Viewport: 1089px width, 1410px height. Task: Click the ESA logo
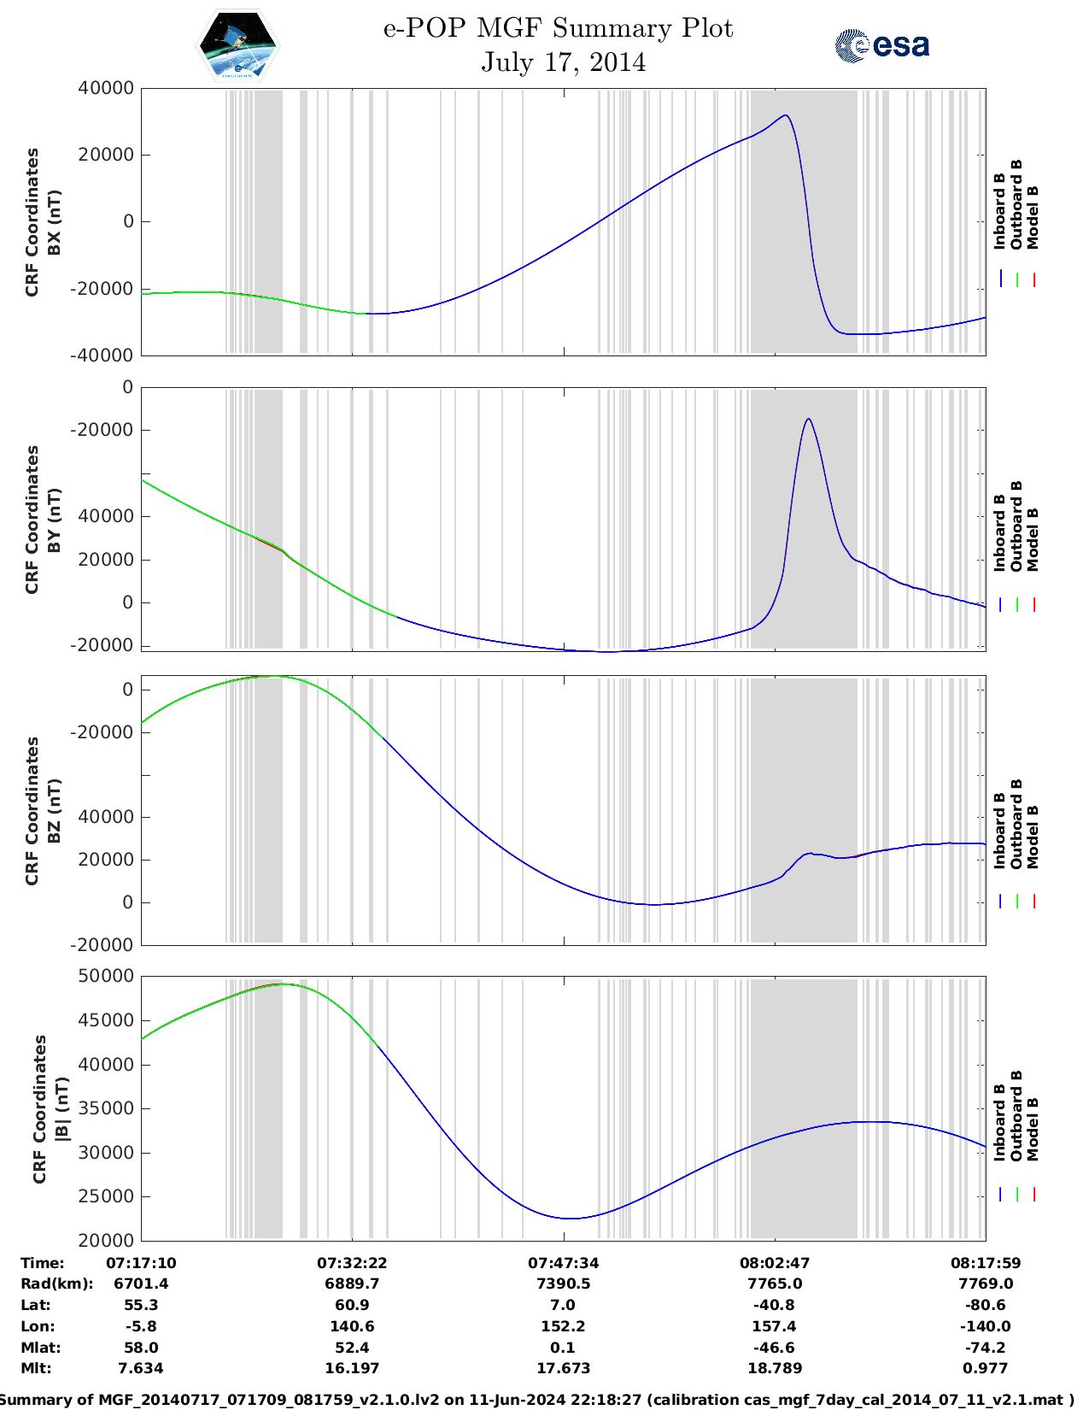pyautogui.click(x=882, y=45)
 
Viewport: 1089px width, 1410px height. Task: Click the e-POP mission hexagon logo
pyautogui.click(x=237, y=46)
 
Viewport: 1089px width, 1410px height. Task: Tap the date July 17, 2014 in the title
pyautogui.click(x=563, y=62)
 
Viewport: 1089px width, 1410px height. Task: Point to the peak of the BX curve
pyautogui.click(x=785, y=115)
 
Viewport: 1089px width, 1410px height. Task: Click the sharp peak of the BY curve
pyautogui.click(x=808, y=419)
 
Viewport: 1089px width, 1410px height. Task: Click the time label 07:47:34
pyautogui.click(x=563, y=1263)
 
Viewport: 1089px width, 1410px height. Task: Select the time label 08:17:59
pyautogui.click(x=986, y=1263)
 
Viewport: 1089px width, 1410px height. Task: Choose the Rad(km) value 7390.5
pyautogui.click(x=563, y=1284)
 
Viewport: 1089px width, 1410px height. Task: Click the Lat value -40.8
pyautogui.click(x=774, y=1305)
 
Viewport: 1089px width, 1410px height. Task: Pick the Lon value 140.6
pyautogui.click(x=352, y=1326)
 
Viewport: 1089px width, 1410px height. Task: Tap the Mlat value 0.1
pyautogui.click(x=563, y=1348)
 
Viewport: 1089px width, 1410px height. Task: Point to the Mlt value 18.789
pyautogui.click(x=774, y=1368)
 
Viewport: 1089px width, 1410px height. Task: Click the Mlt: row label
pyautogui.click(x=36, y=1368)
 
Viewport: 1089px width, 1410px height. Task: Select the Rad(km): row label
pyautogui.click(x=56, y=1284)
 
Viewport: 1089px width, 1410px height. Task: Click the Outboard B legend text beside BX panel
pyautogui.click(x=1016, y=205)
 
